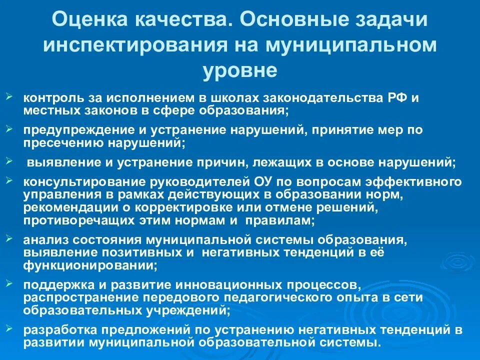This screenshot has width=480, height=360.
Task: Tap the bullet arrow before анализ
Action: (10, 236)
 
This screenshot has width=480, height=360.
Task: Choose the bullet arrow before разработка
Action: (10, 327)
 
